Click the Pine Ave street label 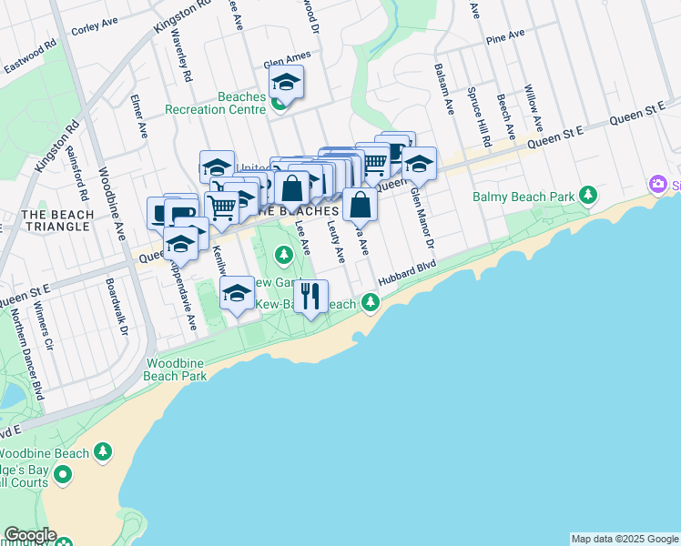(x=505, y=37)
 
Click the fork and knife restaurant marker (x=310, y=295)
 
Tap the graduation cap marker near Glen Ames (x=286, y=83)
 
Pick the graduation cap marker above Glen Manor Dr (x=419, y=165)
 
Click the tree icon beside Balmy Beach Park (x=589, y=195)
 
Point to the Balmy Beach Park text (x=523, y=196)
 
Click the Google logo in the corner (x=29, y=535)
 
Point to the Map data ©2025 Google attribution (x=624, y=539)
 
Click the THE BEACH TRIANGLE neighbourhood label (x=57, y=220)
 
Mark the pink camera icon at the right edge (x=658, y=185)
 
